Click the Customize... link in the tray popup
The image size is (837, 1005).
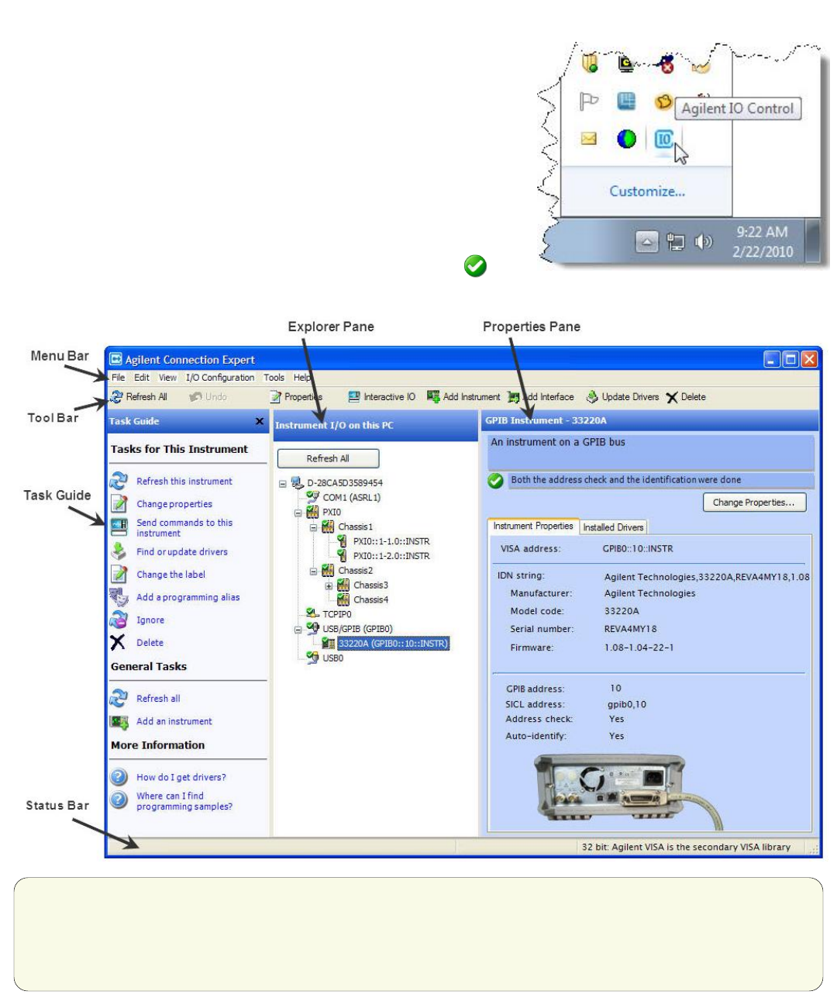647,192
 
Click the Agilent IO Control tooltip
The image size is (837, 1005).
737,109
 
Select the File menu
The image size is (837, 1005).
118,378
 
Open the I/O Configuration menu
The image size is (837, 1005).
219,378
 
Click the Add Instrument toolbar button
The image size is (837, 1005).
463,397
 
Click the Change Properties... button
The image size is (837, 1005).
753,502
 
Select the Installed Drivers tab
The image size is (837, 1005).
613,527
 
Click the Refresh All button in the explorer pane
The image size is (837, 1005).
328,458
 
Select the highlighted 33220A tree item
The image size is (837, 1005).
393,644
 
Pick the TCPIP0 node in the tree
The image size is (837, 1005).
336,614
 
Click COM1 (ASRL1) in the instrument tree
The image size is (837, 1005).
351,498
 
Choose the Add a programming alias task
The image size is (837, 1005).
188,597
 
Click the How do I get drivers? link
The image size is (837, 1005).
181,777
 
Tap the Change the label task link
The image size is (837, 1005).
170,575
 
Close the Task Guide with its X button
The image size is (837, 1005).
260,421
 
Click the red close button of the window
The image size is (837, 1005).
809,359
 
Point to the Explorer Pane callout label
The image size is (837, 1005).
331,326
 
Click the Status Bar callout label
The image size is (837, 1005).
57,806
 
